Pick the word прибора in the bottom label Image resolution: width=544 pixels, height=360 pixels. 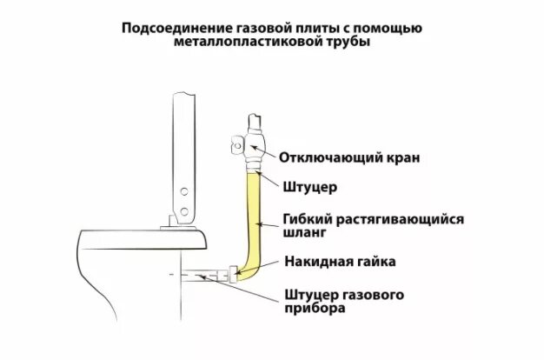pos(311,310)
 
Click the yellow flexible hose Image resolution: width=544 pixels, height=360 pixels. pos(255,217)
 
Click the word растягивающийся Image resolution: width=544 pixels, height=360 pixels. pos(386,218)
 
